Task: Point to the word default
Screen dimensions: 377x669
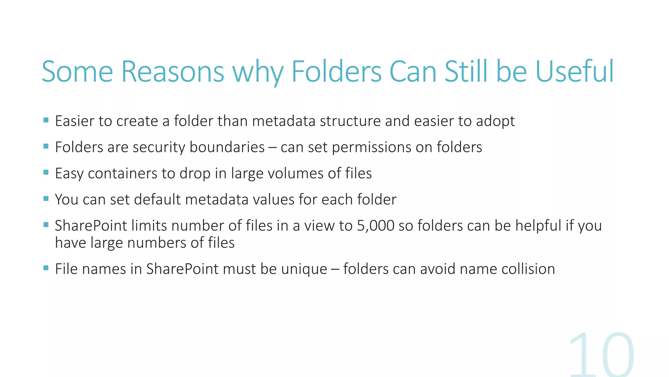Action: coord(157,200)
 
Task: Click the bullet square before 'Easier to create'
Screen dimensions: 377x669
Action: coord(46,120)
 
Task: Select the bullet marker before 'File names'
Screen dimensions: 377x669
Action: coord(46,268)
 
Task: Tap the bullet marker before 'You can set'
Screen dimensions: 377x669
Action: coord(46,199)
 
